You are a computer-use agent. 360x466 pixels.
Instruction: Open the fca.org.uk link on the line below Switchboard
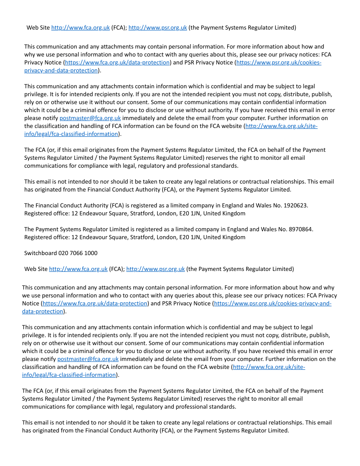[x=78, y=269]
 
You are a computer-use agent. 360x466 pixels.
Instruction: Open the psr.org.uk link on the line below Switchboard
[x=155, y=269]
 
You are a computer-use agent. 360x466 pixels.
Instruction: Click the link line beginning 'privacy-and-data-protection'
[x=61, y=71]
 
